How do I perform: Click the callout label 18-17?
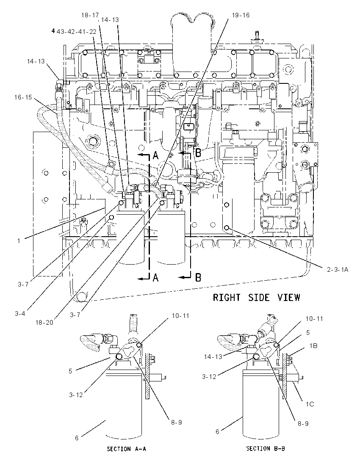coord(90,15)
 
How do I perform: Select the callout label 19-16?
coord(241,15)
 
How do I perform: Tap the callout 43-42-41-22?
coord(76,31)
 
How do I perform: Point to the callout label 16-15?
coord(23,97)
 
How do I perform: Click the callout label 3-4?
coord(20,314)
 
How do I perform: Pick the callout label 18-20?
coord(44,323)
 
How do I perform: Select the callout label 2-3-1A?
coord(338,270)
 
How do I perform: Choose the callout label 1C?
coord(310,404)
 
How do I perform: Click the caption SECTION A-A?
coord(126,449)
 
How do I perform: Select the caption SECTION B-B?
coord(266,448)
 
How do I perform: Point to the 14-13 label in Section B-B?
coord(213,357)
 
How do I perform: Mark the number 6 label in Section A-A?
coord(77,438)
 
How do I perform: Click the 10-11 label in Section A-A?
coord(180,316)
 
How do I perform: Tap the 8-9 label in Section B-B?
coord(303,424)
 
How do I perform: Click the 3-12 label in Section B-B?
coord(209,377)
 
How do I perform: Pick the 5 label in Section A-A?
coord(70,371)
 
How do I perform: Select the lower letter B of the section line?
coord(198,278)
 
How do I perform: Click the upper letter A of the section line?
coord(155,155)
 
